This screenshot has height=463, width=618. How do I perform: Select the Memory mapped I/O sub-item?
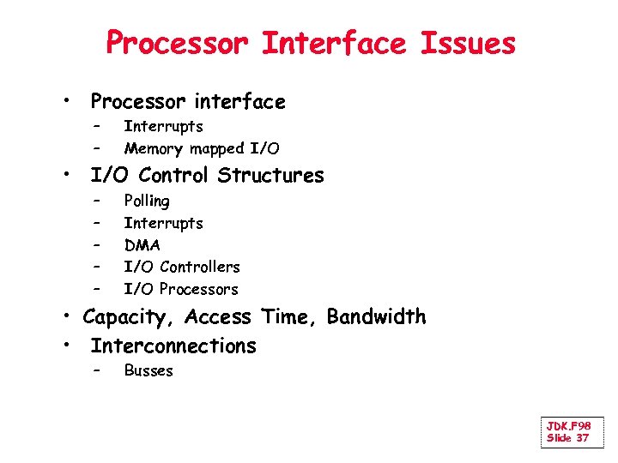(202, 149)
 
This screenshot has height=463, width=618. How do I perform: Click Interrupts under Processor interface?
(163, 127)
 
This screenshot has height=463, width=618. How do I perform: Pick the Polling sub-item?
(147, 201)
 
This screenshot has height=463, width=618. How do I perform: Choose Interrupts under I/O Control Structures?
(163, 224)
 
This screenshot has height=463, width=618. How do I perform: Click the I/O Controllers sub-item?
(182, 268)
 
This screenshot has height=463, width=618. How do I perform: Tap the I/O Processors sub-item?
(181, 290)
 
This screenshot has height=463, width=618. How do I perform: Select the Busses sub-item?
(148, 371)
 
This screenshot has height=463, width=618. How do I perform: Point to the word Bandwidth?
(376, 317)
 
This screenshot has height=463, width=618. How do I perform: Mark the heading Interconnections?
(173, 346)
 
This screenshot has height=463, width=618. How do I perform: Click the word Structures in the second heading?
(270, 176)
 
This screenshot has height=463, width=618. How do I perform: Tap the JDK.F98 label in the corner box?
(568, 426)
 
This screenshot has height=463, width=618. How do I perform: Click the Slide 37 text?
(568, 438)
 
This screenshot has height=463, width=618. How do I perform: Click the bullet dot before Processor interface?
(66, 102)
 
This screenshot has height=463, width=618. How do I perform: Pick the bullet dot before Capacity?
(66, 317)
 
